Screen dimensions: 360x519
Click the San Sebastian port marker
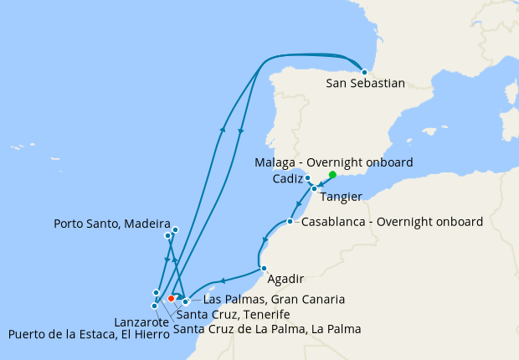364,72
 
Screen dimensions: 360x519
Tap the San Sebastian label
365,84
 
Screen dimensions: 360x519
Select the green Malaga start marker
332,175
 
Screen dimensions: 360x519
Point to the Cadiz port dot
308,178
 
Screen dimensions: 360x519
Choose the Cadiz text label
287,179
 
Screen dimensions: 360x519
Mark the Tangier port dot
314,188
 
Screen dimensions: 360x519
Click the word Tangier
341,197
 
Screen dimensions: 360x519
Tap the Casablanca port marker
290,222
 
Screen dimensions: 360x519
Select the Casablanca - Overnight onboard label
392,222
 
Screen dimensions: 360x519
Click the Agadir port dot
264,269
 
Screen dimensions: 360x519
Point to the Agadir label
285,279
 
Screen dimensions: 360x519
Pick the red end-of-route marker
171,297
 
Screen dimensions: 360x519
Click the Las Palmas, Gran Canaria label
275,299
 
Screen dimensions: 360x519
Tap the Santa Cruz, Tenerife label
233,314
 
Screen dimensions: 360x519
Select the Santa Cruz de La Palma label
267,329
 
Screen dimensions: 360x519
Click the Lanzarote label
138,321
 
